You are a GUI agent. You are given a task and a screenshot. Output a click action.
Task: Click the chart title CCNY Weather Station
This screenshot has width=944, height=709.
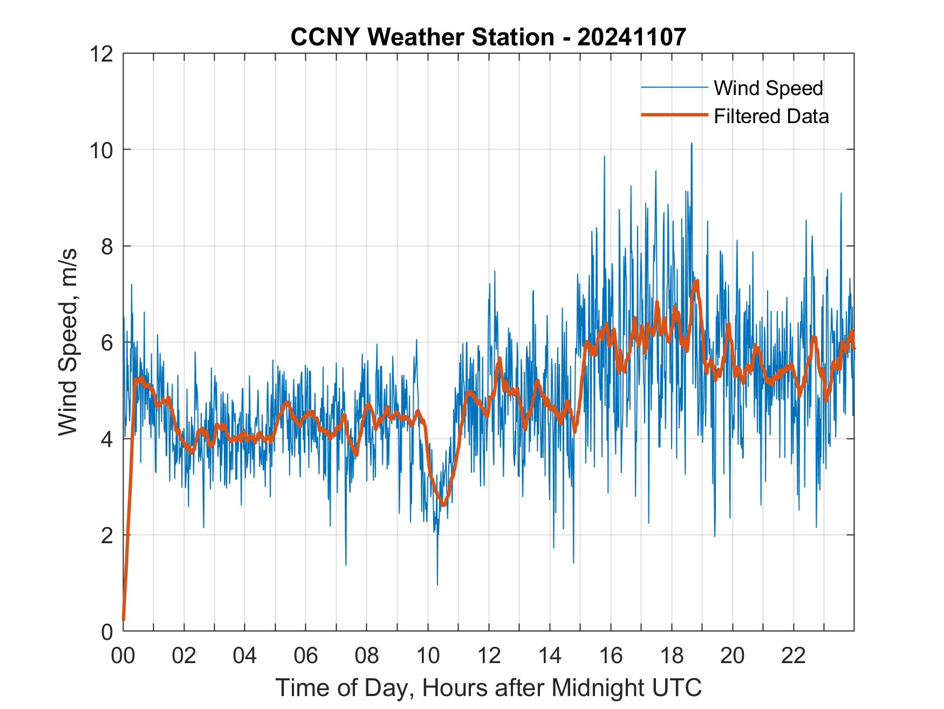(x=488, y=37)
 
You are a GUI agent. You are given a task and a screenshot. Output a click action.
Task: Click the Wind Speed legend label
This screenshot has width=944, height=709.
(x=768, y=88)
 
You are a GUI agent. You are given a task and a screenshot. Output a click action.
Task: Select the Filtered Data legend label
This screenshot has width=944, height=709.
(x=771, y=116)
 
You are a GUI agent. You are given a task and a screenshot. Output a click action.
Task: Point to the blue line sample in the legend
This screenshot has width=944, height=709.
(x=674, y=87)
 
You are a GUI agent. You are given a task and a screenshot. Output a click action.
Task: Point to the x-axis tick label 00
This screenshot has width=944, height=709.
(x=123, y=656)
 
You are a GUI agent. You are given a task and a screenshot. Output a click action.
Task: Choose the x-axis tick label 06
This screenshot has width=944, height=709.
(x=306, y=656)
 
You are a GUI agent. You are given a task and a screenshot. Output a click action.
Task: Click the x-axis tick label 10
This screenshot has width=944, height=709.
(x=428, y=656)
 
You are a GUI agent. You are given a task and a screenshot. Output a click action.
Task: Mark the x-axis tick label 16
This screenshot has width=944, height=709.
(x=611, y=656)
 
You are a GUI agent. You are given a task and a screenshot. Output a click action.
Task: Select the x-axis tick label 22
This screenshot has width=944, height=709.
(x=793, y=656)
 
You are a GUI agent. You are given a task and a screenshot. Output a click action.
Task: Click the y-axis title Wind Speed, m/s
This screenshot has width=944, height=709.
(x=68, y=342)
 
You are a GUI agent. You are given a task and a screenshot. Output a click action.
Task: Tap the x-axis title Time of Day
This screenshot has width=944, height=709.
(x=488, y=688)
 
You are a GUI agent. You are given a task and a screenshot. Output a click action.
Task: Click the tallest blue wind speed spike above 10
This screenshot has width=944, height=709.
(x=691, y=144)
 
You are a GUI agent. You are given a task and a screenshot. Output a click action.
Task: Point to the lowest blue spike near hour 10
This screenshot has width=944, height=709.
(x=437, y=584)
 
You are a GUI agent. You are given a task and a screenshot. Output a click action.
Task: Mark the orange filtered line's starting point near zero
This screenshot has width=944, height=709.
(x=124, y=619)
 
